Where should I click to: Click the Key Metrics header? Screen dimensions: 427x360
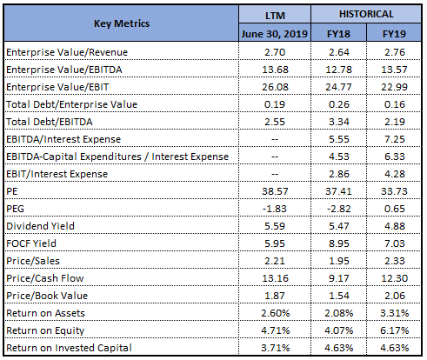pyautogui.click(x=122, y=23)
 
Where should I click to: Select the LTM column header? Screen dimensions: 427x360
pyautogui.click(x=275, y=15)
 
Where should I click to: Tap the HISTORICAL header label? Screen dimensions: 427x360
pyautogui.click(x=366, y=14)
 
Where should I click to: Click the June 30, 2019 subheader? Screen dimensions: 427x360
pyautogui.click(x=274, y=34)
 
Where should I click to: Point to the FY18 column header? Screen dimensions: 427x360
pyautogui.click(x=338, y=34)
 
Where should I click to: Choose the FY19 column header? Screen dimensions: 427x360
pyautogui.click(x=394, y=34)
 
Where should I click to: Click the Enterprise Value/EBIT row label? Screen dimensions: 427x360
pyautogui.click(x=57, y=87)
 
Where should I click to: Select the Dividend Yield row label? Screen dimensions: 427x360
pyautogui.click(x=40, y=226)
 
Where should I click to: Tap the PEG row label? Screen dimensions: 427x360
pyautogui.click(x=15, y=209)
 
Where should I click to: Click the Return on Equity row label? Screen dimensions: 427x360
pyautogui.click(x=45, y=330)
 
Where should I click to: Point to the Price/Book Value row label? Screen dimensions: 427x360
pyautogui.click(x=47, y=296)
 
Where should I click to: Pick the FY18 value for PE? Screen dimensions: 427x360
pyautogui.click(x=338, y=191)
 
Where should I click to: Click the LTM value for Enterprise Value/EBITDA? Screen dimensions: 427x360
pyautogui.click(x=275, y=70)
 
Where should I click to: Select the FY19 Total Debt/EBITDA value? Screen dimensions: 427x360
pyautogui.click(x=395, y=122)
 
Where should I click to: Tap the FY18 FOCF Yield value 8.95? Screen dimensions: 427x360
pyautogui.click(x=339, y=243)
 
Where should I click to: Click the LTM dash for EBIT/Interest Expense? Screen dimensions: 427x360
pyautogui.click(x=275, y=174)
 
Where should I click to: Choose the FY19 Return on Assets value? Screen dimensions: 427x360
pyautogui.click(x=395, y=313)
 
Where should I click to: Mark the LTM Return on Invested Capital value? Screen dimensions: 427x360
pyautogui.click(x=276, y=348)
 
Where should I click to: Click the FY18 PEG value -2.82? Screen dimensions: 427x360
pyautogui.click(x=338, y=209)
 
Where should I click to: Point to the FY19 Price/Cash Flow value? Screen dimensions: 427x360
pyautogui.click(x=394, y=278)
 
